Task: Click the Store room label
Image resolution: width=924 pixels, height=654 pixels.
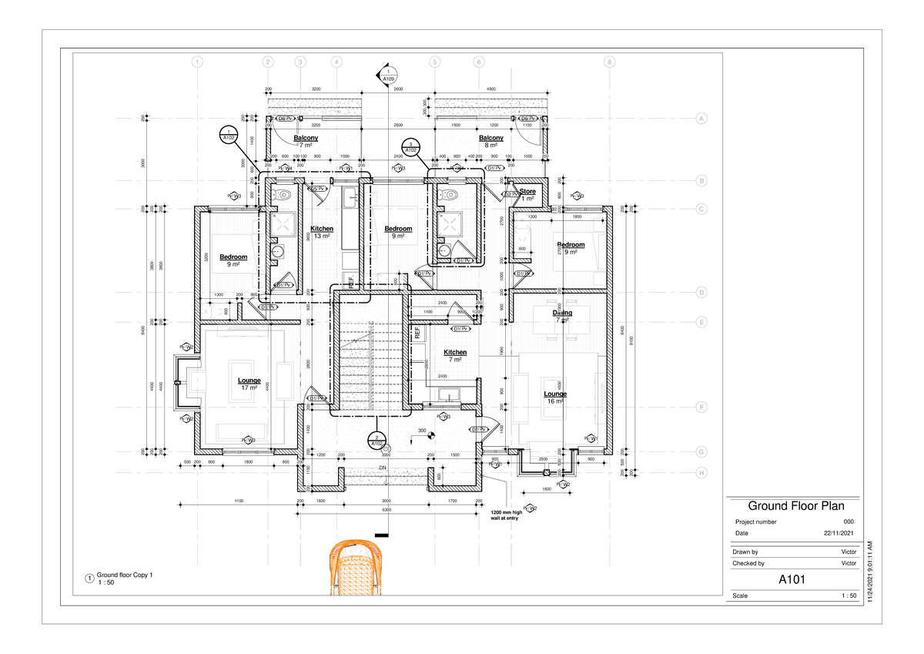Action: pos(527,191)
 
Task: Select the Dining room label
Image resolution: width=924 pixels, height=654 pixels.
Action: pos(562,314)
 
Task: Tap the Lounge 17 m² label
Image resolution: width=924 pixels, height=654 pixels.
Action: pos(249,381)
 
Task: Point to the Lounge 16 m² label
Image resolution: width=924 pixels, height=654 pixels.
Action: pos(556,394)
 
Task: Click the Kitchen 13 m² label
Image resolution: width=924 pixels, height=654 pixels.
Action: pos(322,230)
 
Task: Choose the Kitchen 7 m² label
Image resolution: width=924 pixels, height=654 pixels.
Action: pos(455,353)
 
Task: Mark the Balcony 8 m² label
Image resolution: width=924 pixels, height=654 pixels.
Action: pos(491,139)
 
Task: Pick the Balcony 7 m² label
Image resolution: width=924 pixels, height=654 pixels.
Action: pos(306,139)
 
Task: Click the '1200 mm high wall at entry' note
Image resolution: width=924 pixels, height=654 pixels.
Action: pos(507,515)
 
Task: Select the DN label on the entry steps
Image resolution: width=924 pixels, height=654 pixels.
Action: pos(382,468)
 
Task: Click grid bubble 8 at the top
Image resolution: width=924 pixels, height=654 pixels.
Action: pos(609,62)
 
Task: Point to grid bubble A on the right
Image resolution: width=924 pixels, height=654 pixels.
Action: pos(701,118)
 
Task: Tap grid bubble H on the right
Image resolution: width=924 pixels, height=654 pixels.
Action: pos(701,473)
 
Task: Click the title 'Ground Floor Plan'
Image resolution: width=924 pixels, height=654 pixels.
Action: pos(795,506)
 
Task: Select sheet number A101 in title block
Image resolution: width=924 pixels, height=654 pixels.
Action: pos(792,579)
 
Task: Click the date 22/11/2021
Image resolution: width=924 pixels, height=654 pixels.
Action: pos(839,533)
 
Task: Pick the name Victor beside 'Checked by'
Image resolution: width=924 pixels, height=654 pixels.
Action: pos(849,563)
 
